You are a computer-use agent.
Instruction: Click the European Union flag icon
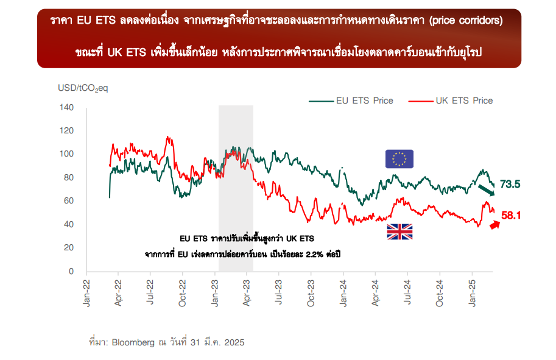[399, 158]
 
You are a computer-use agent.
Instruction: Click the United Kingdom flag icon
[399, 231]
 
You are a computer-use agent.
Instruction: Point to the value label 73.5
[510, 184]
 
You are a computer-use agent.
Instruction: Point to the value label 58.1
[512, 215]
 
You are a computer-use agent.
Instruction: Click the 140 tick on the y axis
[67, 108]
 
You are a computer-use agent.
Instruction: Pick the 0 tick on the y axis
[71, 271]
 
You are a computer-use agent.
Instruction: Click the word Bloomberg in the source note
[133, 342]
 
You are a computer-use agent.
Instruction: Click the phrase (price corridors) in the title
[466, 21]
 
